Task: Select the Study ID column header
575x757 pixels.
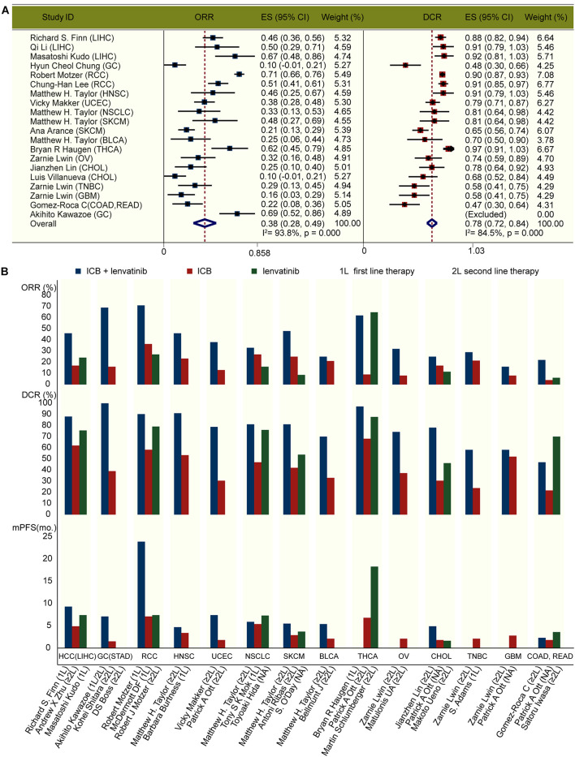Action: tap(55, 17)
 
